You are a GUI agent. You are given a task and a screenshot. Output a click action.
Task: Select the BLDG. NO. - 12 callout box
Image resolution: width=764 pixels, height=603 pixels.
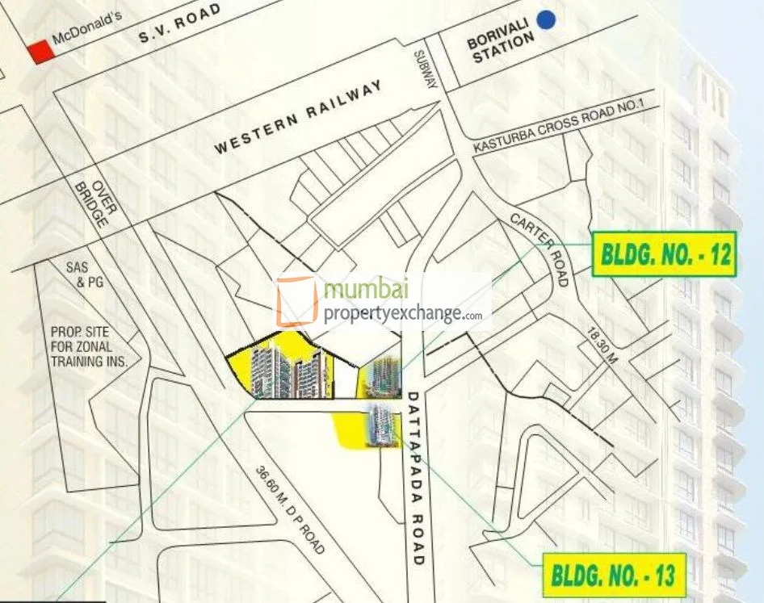coord(665,254)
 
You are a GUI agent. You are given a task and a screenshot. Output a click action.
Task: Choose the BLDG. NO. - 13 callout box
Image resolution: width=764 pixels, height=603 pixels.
coord(615,575)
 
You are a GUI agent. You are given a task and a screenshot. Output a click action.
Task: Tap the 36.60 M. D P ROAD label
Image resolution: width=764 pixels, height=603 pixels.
coord(290,510)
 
